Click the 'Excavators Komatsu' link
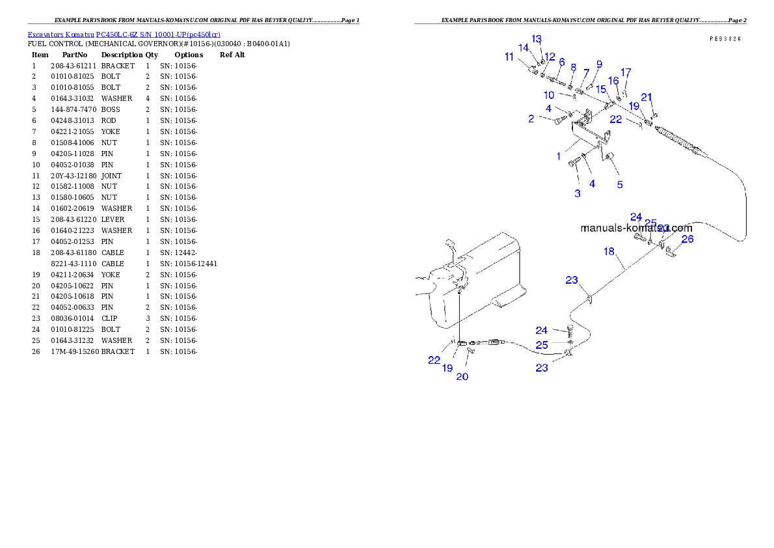pyautogui.click(x=60, y=34)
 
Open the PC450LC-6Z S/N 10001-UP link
pyautogui.click(x=158, y=34)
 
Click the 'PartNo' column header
pyautogui.click(x=75, y=55)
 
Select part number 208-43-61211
pyautogui.click(x=73, y=66)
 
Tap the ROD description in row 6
pyautogui.click(x=109, y=120)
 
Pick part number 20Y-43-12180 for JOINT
pyautogui.click(x=73, y=176)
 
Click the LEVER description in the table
pyautogui.click(x=113, y=219)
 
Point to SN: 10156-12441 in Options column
pyautogui.click(x=189, y=264)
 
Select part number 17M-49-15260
pyautogui.click(x=75, y=352)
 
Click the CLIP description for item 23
pyautogui.click(x=109, y=319)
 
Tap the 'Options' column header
pyautogui.click(x=189, y=55)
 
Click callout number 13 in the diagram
pyautogui.click(x=537, y=38)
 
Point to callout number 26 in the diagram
pyautogui.click(x=687, y=239)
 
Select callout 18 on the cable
pyautogui.click(x=609, y=251)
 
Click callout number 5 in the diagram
pyautogui.click(x=620, y=185)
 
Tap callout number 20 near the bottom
pyautogui.click(x=462, y=377)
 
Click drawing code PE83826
pyautogui.click(x=726, y=38)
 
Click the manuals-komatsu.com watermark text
pyautogui.click(x=636, y=228)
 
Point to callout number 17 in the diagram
pyautogui.click(x=626, y=73)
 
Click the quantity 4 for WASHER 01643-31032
pyautogui.click(x=148, y=99)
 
